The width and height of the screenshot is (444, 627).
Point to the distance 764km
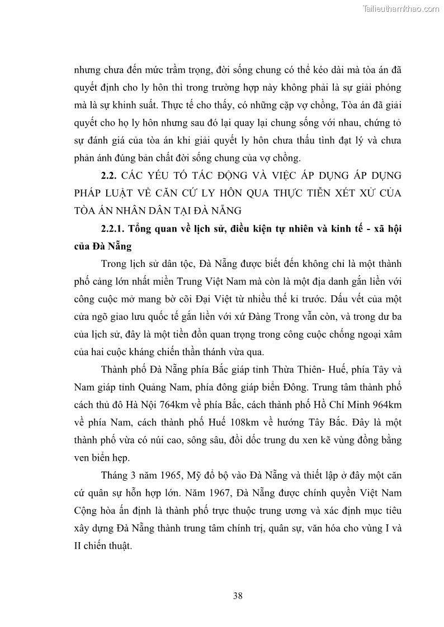191,404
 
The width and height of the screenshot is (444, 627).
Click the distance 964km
385,404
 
